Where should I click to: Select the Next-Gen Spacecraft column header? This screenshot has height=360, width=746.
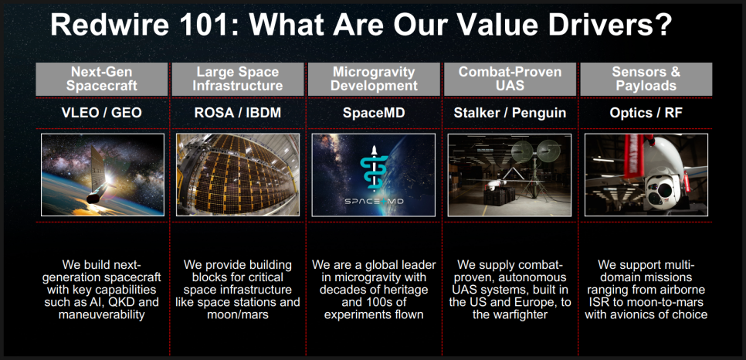(102, 79)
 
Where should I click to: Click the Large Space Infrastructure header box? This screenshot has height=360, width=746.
(237, 79)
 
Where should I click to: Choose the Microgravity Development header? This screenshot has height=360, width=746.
(374, 79)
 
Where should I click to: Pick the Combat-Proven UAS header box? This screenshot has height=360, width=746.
(510, 79)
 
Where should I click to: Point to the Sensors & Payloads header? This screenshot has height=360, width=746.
(646, 79)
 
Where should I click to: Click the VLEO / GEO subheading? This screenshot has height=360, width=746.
(101, 114)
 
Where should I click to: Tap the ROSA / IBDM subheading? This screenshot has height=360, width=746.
(237, 114)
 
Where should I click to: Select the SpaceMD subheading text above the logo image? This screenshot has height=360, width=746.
(374, 114)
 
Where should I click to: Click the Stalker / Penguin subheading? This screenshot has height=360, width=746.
(510, 114)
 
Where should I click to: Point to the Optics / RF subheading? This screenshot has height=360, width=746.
(646, 114)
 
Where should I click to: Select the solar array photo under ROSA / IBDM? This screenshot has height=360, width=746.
(238, 175)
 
